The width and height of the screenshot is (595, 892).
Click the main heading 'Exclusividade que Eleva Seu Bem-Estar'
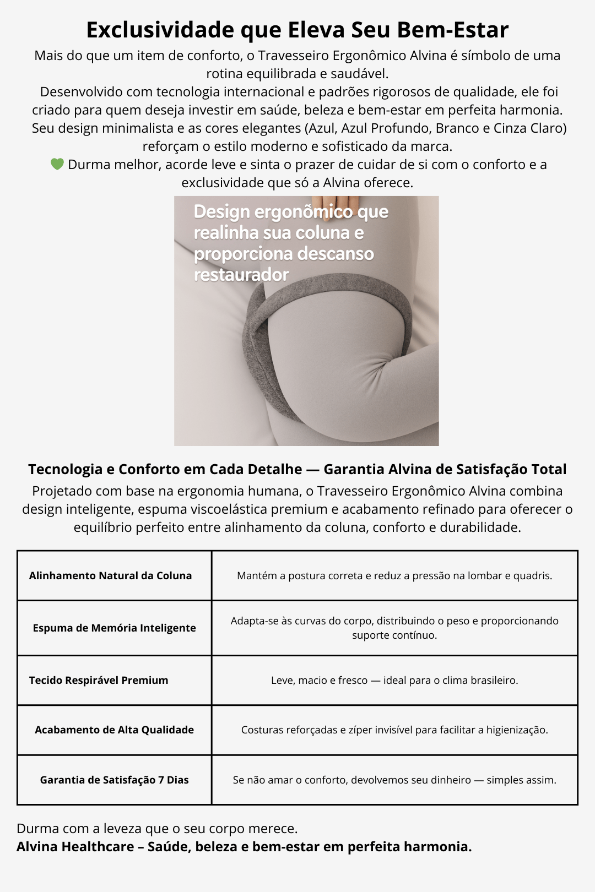pyautogui.click(x=297, y=30)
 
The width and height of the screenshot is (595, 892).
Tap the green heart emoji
pyautogui.click(x=57, y=164)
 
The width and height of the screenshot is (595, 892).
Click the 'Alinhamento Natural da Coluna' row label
pyautogui.click(x=110, y=575)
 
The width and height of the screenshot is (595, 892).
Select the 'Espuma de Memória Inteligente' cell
pyautogui.click(x=114, y=628)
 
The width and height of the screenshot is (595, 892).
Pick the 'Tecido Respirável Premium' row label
pyautogui.click(x=99, y=680)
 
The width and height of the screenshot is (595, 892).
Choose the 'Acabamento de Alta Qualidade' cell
pyautogui.click(x=114, y=730)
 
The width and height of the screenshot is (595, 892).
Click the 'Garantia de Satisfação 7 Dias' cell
pyautogui.click(x=114, y=780)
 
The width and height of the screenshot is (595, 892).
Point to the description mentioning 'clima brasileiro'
pyautogui.click(x=394, y=680)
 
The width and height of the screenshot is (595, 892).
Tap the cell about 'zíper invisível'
pyautogui.click(x=394, y=730)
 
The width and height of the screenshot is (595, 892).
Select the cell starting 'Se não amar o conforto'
pyautogui.click(x=394, y=780)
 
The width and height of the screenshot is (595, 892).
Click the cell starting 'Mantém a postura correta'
pyautogui.click(x=394, y=575)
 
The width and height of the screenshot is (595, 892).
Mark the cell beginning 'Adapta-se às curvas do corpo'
pyautogui.click(x=394, y=628)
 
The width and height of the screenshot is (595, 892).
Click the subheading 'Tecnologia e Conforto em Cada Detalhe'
pyautogui.click(x=165, y=469)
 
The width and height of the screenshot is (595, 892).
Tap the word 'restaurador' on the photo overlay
pyautogui.click(x=241, y=274)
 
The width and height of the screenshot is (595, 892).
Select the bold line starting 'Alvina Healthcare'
pyautogui.click(x=244, y=846)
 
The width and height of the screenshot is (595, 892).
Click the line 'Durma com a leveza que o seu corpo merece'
pyautogui.click(x=157, y=828)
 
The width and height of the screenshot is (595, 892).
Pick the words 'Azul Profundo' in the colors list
pyautogui.click(x=386, y=128)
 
